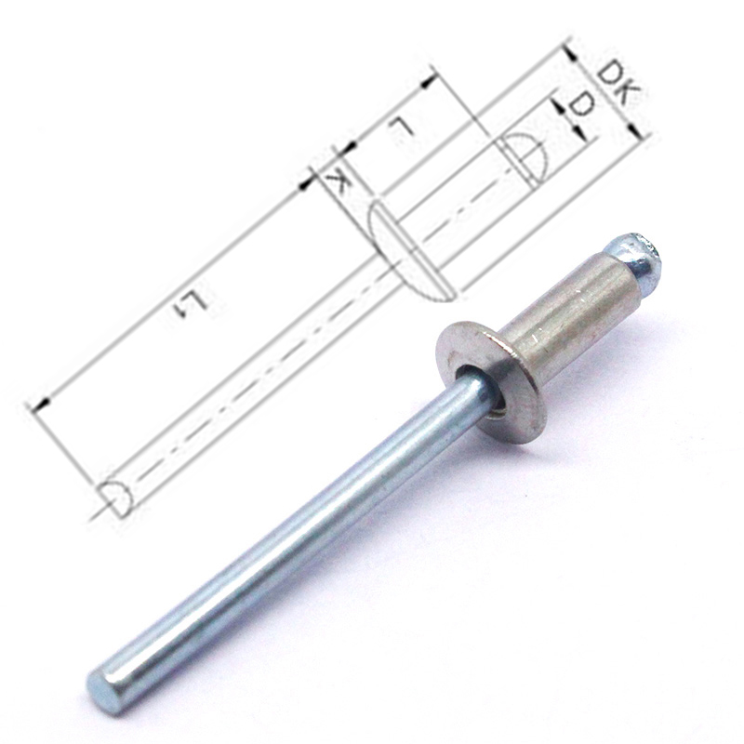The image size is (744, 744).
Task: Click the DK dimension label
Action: pos(616,82)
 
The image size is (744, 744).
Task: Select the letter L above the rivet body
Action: pos(401,128)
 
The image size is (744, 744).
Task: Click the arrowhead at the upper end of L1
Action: pos(307,183)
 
